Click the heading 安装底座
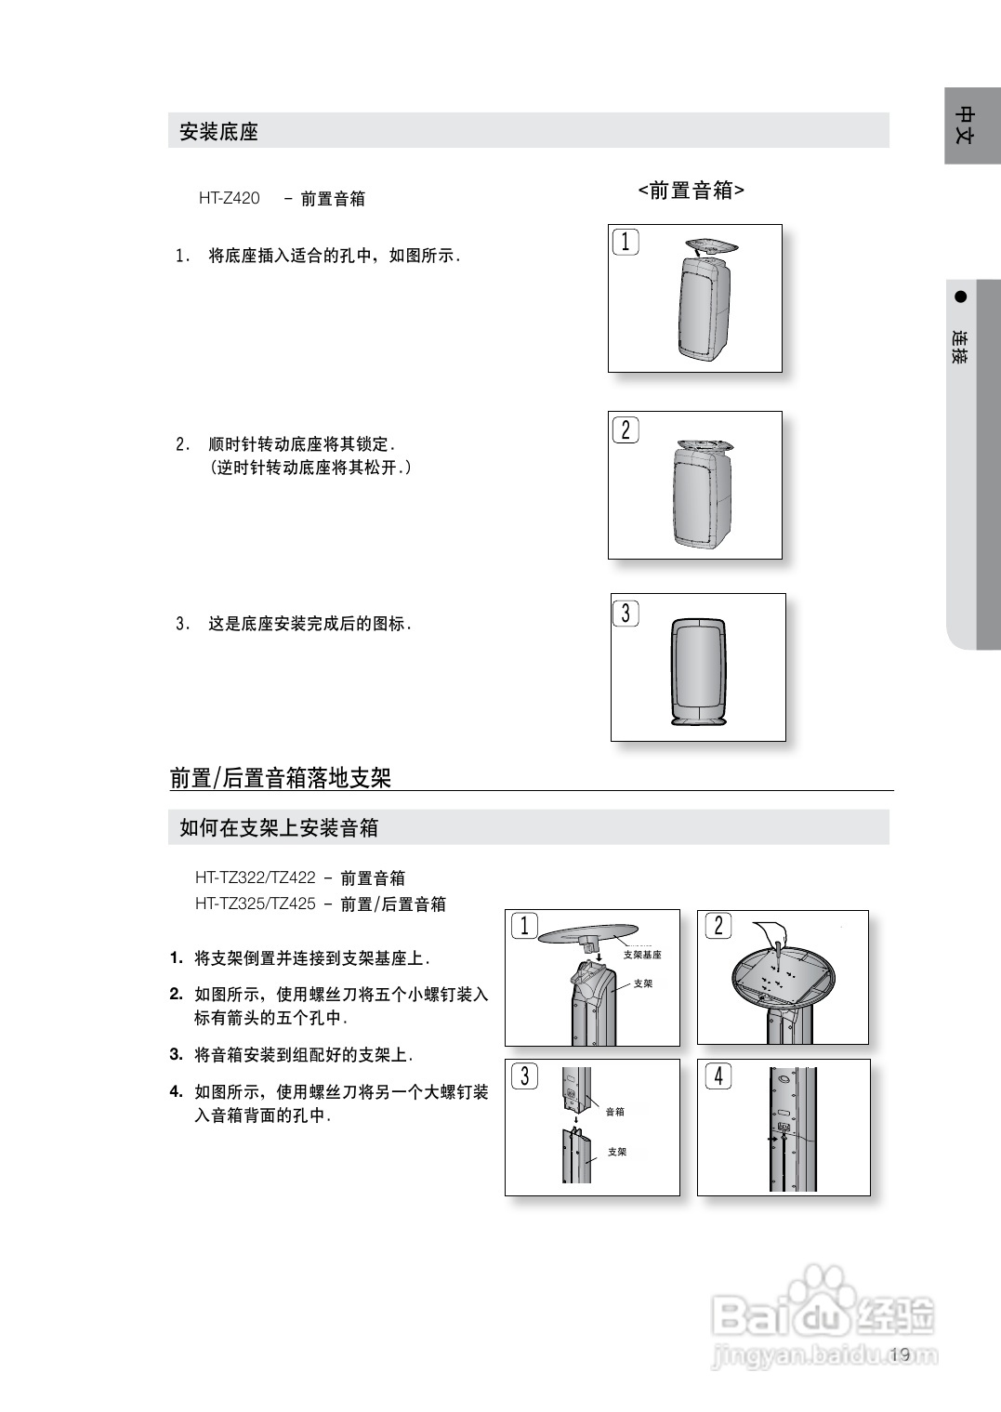[x=218, y=132]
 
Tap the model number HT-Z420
[x=230, y=198]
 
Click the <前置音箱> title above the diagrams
[x=691, y=191]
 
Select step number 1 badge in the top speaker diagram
[x=626, y=243]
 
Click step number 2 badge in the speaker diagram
[x=626, y=429]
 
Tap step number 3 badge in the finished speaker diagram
[x=626, y=614]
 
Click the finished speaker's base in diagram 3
[x=698, y=722]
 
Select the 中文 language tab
[x=966, y=125]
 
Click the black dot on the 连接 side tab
[x=961, y=297]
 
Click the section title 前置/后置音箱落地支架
[x=281, y=778]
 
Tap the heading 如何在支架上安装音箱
[x=279, y=827]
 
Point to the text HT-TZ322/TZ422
[x=256, y=878]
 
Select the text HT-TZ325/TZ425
[x=256, y=904]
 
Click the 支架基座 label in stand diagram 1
[x=642, y=955]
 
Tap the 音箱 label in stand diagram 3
[x=615, y=1112]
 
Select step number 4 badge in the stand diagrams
[x=718, y=1076]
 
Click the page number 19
[x=899, y=1354]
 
